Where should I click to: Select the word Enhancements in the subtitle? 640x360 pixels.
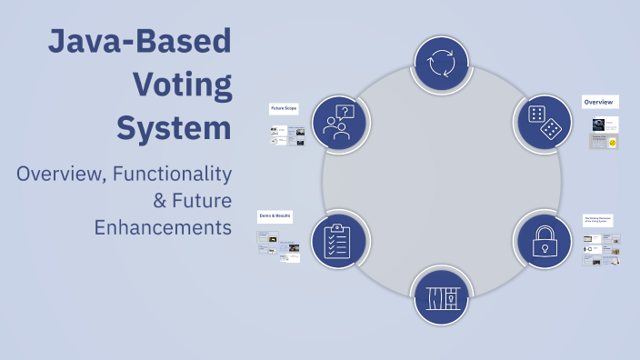[x=163, y=226]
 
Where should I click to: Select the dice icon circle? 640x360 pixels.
[x=543, y=123]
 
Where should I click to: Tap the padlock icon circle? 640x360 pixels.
[x=544, y=238]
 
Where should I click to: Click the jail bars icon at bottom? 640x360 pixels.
[x=442, y=296]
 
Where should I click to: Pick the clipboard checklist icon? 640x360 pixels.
[x=338, y=240]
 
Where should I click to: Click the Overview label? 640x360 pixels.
[x=599, y=102]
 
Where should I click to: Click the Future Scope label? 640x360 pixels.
[x=284, y=108]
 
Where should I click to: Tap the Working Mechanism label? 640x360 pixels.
[x=598, y=220]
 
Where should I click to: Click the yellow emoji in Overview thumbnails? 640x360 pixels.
[x=613, y=143]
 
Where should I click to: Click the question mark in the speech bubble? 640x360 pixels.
[x=345, y=113]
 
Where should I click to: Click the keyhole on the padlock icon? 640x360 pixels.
[x=544, y=247]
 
